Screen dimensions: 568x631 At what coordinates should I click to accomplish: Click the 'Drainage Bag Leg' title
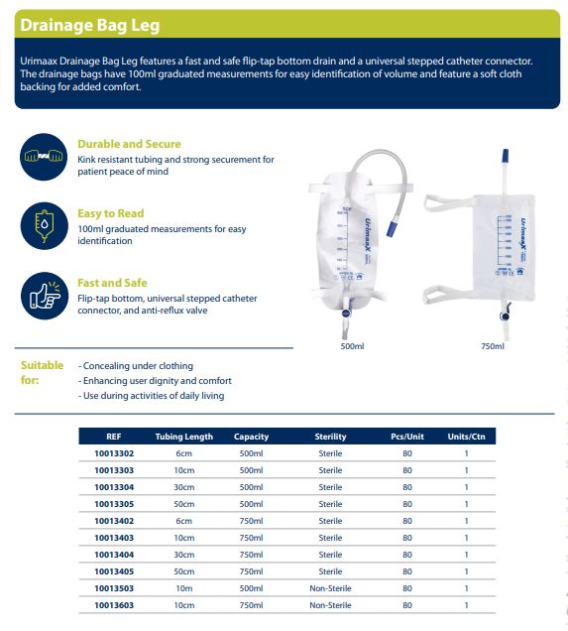click(89, 25)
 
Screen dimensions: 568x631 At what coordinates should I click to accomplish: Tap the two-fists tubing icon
click(44, 157)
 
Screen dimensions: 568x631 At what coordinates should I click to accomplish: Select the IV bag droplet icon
click(44, 226)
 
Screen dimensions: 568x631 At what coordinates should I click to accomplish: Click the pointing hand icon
click(44, 296)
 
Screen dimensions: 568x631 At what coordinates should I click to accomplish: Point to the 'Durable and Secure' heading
click(129, 144)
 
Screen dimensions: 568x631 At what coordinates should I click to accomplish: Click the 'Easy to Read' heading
click(111, 213)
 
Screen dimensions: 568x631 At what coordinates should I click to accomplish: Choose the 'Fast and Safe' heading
click(112, 283)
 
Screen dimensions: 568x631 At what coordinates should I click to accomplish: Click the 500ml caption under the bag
click(352, 346)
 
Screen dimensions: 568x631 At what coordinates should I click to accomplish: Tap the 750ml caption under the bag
click(493, 346)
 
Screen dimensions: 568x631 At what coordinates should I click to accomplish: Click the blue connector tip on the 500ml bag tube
click(392, 228)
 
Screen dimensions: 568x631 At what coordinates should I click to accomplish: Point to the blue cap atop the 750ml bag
click(506, 155)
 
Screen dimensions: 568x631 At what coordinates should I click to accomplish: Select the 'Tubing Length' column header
click(184, 437)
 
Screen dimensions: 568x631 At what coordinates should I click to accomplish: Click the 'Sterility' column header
click(330, 437)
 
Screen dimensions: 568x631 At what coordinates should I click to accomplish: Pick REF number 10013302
click(114, 453)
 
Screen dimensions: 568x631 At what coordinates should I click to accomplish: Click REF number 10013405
click(114, 571)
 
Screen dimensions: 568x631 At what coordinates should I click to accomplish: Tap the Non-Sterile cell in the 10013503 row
click(330, 588)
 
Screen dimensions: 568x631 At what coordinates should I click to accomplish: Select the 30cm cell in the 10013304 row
click(184, 487)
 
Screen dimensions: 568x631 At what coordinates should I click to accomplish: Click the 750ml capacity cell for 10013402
click(251, 521)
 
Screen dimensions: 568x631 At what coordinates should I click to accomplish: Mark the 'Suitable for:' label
click(42, 373)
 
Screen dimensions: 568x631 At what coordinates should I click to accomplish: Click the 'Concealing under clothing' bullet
click(136, 366)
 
